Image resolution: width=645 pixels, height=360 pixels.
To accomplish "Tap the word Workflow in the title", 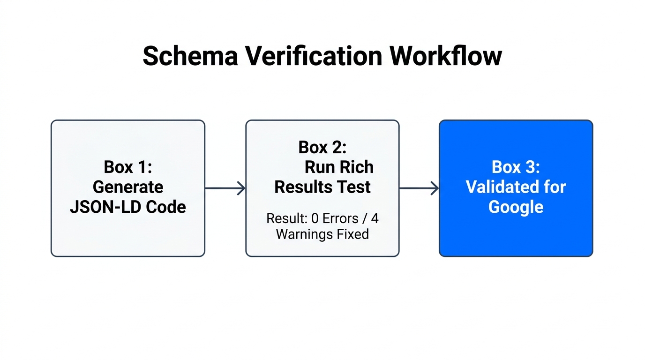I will coord(446,57).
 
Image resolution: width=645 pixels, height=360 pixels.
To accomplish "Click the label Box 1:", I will coord(128,167).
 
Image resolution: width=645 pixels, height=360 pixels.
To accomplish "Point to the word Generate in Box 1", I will coord(128,187).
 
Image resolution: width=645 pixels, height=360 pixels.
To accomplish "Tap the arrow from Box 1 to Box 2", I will coord(225,188).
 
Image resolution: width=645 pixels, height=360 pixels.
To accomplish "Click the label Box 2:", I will coord(322,147).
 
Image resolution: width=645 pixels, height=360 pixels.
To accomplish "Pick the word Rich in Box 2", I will coord(359,167).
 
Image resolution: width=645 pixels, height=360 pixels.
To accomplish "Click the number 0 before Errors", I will coord(315,218).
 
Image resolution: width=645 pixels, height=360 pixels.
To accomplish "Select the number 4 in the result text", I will coord(375,218).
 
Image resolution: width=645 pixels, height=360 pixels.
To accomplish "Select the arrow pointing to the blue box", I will coord(419,188).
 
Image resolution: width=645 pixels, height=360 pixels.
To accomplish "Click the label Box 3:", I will coord(516,167).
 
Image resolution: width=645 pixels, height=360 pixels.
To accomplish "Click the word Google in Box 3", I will coord(516,207).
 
